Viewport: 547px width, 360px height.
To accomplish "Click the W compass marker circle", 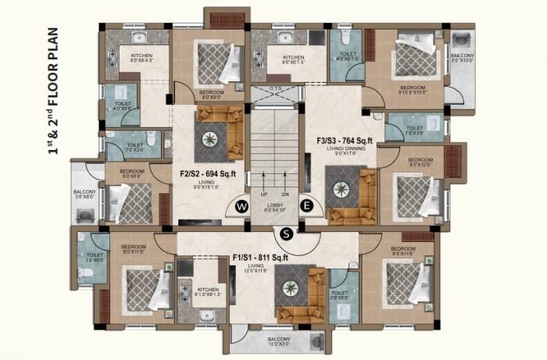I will click(241, 205).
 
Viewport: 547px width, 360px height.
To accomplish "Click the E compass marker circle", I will click(306, 205).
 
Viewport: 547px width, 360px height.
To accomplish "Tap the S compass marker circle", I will click(288, 232).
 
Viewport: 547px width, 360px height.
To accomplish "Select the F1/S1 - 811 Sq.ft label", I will click(260, 257).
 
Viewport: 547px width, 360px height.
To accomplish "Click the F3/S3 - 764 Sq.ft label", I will click(345, 141).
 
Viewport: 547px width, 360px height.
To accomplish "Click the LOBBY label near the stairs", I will click(273, 206).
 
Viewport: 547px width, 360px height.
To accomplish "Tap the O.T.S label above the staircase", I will click(273, 88).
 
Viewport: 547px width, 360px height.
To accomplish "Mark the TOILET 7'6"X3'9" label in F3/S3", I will click(413, 130).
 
